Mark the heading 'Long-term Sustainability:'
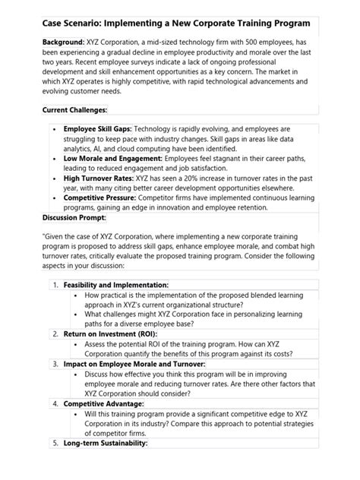coord(105,463)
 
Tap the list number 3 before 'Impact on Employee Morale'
coord(55,386)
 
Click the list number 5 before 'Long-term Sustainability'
coord(55,463)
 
